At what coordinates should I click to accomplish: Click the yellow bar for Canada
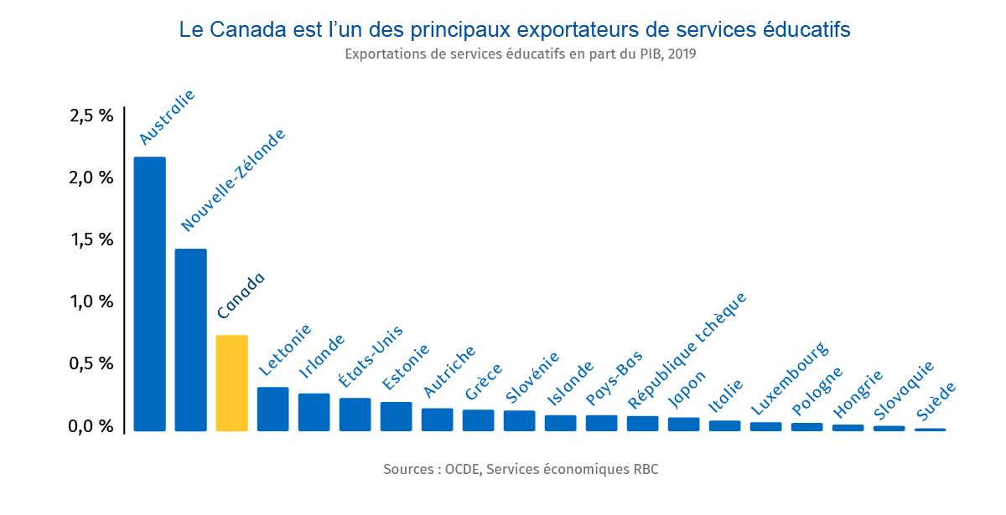231,383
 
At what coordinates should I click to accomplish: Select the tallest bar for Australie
149,294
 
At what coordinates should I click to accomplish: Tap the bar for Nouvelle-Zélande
190,340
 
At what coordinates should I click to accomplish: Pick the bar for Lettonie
272,409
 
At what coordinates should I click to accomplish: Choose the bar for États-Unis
355,415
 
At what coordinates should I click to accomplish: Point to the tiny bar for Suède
930,430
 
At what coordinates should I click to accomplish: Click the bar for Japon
683,424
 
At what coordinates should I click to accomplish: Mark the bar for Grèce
478,420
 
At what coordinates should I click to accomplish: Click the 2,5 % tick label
91,116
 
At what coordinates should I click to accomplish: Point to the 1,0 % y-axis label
91,301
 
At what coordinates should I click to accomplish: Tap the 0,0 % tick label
91,425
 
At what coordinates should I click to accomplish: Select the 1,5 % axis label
91,239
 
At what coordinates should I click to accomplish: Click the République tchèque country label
687,351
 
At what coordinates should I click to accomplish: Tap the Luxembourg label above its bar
789,379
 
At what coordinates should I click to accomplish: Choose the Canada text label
241,296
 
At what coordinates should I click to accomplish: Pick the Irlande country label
322,356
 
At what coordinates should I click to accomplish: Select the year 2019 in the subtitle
682,54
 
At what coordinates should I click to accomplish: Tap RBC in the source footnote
646,469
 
